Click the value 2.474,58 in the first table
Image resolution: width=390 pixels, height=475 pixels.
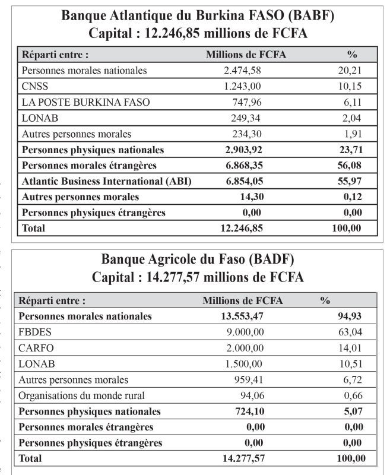[x=242, y=71]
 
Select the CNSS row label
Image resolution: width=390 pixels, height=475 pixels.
[x=35, y=86]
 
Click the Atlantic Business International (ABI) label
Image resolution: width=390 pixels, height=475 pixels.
[x=106, y=181]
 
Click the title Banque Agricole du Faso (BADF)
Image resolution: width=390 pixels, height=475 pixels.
[x=198, y=260]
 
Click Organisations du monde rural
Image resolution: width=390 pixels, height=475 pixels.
[x=81, y=395]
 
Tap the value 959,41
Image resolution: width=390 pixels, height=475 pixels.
[x=248, y=379]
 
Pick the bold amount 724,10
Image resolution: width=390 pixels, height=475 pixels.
[x=248, y=411]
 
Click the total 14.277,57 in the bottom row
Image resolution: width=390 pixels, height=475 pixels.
[x=239, y=458]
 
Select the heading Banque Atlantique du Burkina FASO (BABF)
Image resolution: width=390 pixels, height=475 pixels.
[x=198, y=16]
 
